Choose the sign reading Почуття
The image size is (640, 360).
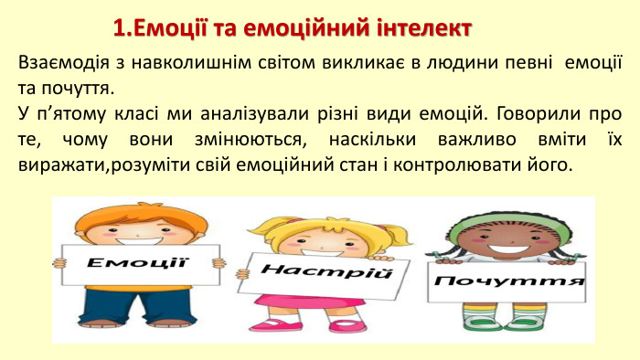pos(509,280)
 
